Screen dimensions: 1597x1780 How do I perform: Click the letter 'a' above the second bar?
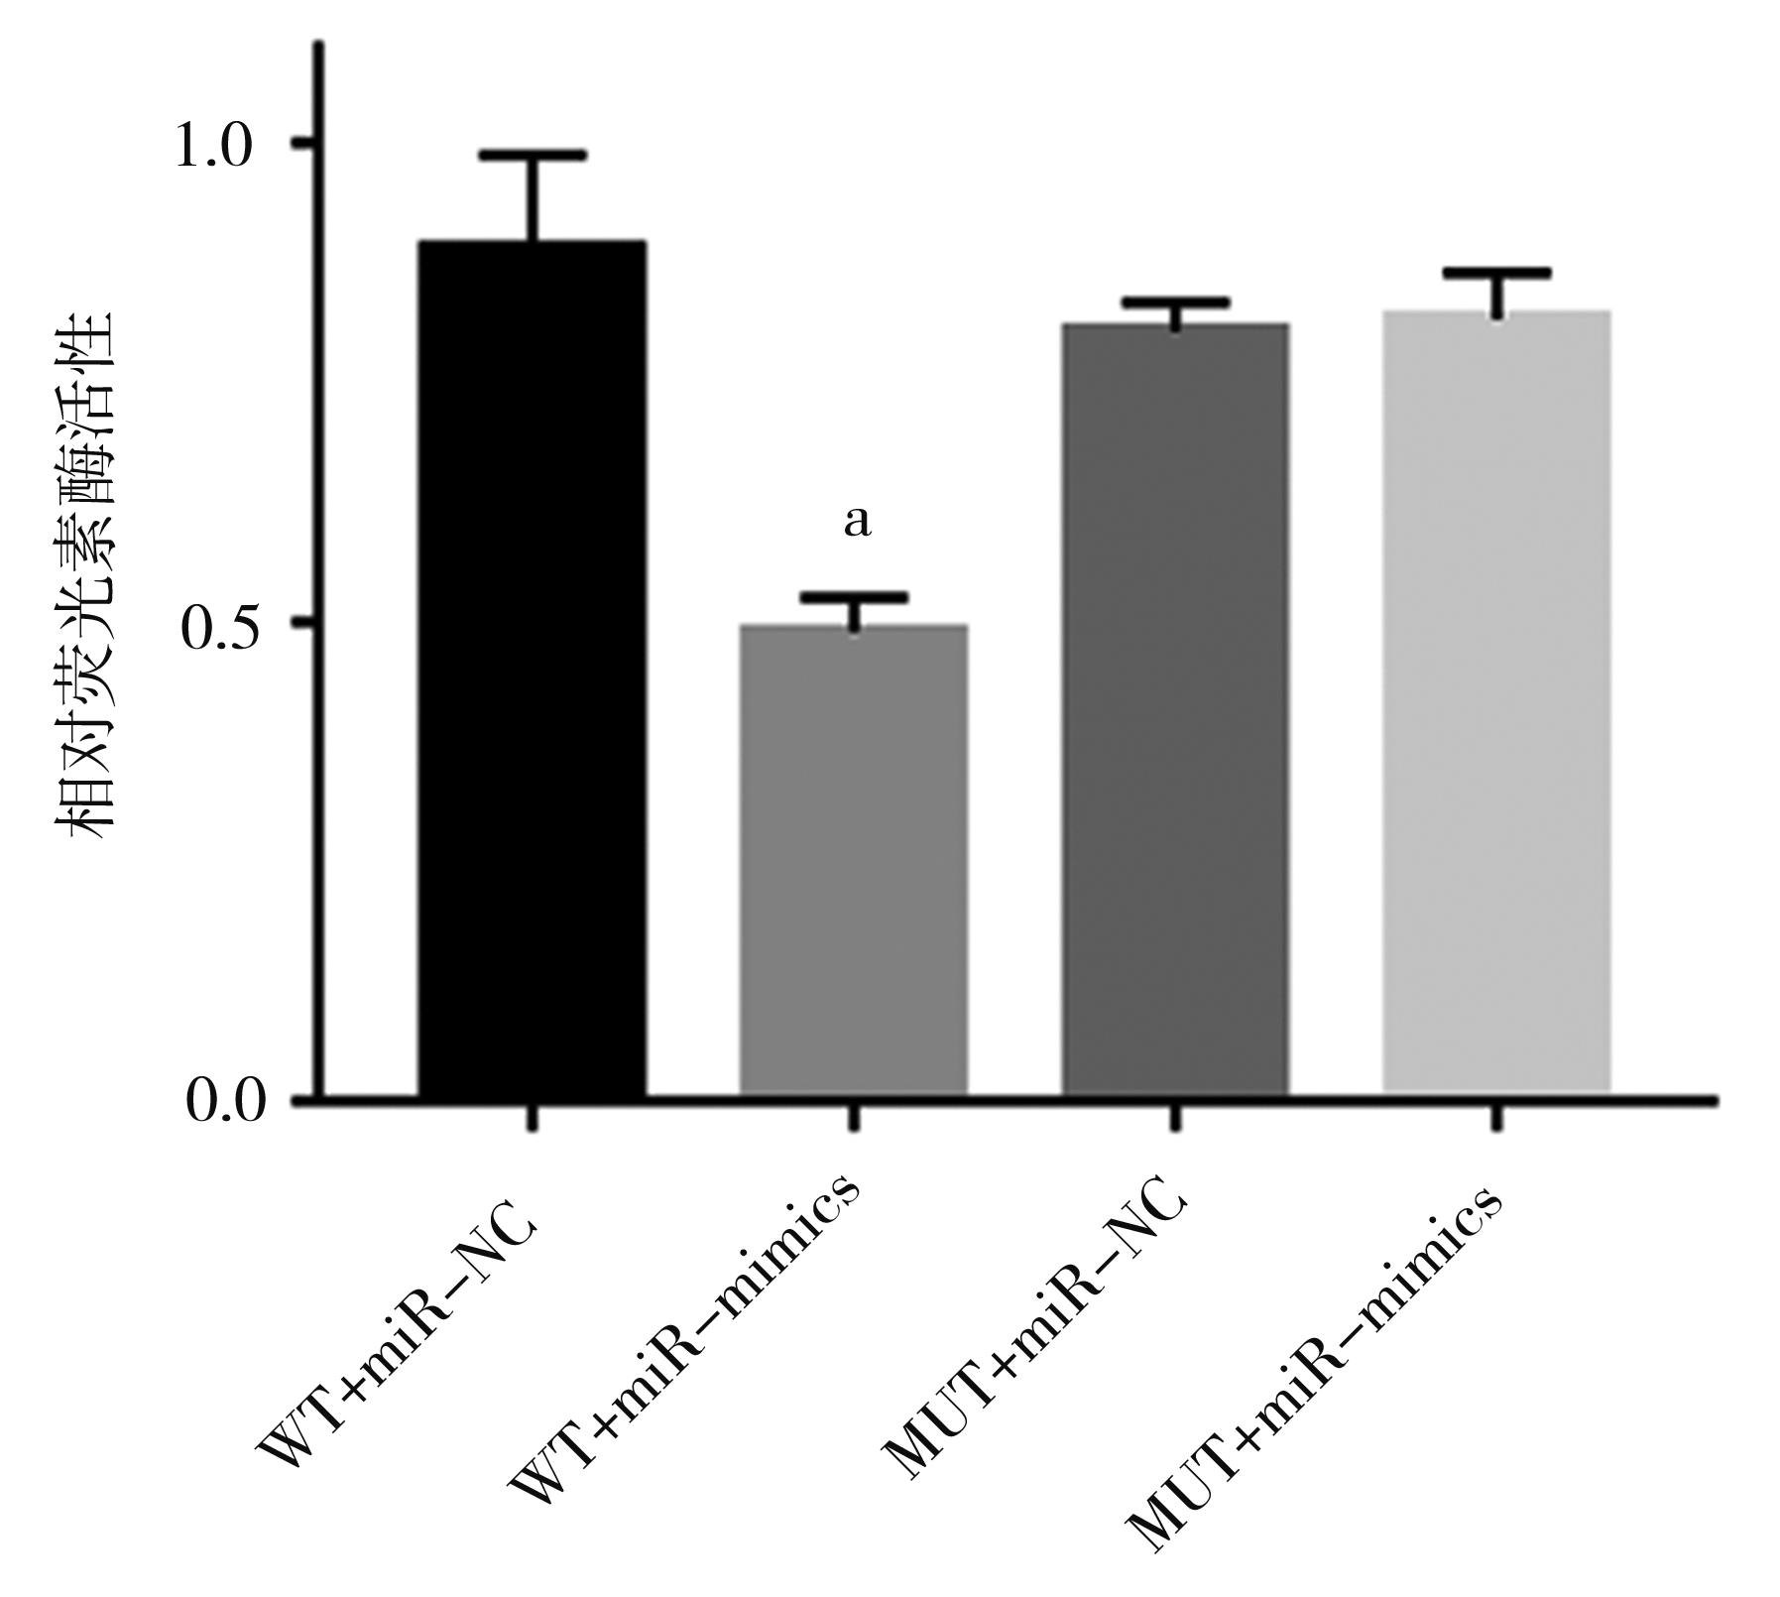click(857, 522)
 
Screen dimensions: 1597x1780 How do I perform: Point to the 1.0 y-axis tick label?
click(214, 147)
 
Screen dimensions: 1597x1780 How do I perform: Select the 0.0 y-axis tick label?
click(224, 1102)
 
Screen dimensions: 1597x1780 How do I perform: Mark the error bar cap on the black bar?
click(533, 156)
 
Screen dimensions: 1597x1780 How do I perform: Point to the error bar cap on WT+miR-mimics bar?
click(854, 597)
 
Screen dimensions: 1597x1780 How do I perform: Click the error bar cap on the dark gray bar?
click(1175, 303)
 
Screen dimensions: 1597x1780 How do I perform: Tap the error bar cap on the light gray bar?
click(1496, 273)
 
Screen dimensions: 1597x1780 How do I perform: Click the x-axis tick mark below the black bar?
click(533, 1117)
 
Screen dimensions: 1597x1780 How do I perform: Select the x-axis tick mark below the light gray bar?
click(1496, 1117)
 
